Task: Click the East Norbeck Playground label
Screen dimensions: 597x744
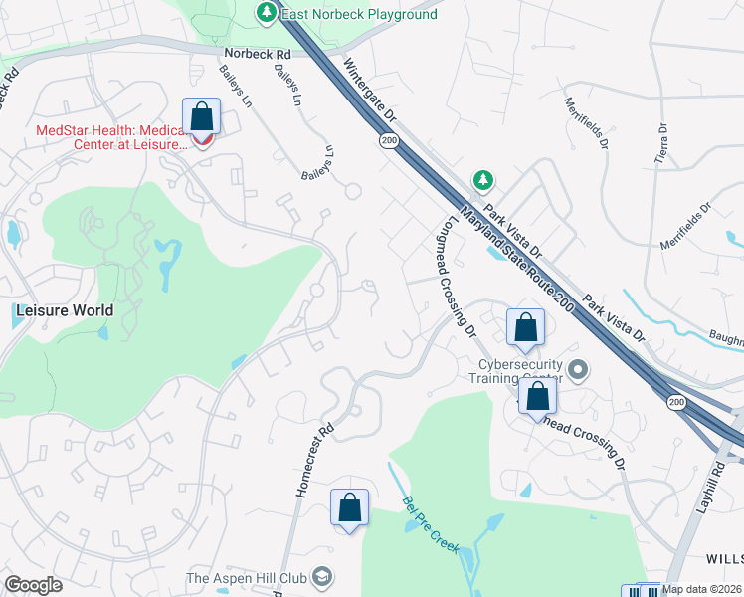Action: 359,14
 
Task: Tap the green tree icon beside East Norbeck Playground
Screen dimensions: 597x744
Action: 266,13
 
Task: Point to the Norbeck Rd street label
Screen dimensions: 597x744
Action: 257,53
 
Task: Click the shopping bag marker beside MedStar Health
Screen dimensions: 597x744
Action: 201,117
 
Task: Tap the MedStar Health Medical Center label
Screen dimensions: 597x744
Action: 110,137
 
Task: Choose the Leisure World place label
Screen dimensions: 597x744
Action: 64,310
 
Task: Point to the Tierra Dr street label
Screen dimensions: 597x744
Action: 660,144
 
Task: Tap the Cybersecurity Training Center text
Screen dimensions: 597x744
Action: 515,370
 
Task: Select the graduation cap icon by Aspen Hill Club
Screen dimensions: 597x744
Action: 322,578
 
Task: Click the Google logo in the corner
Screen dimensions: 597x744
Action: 33,585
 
